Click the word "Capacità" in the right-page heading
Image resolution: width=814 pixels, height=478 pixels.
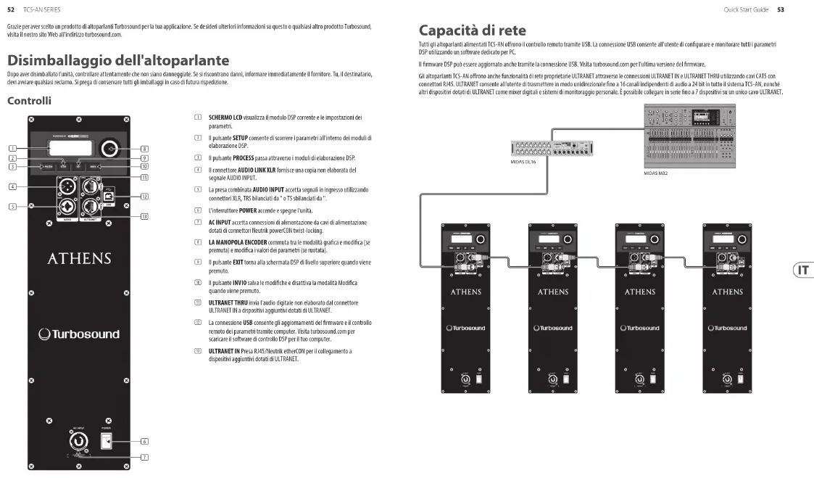[x=451, y=30]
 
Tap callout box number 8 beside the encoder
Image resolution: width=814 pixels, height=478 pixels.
[x=144, y=149]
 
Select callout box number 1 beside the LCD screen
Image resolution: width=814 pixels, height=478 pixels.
[x=13, y=149]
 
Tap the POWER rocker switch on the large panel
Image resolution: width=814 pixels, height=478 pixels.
[x=106, y=441]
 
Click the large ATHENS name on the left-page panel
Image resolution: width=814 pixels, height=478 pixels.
[x=79, y=259]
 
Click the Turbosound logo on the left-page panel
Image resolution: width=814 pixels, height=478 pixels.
[x=79, y=334]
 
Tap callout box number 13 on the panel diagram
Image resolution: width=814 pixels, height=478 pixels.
[x=144, y=216]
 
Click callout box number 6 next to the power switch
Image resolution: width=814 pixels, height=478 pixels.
[x=144, y=441]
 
